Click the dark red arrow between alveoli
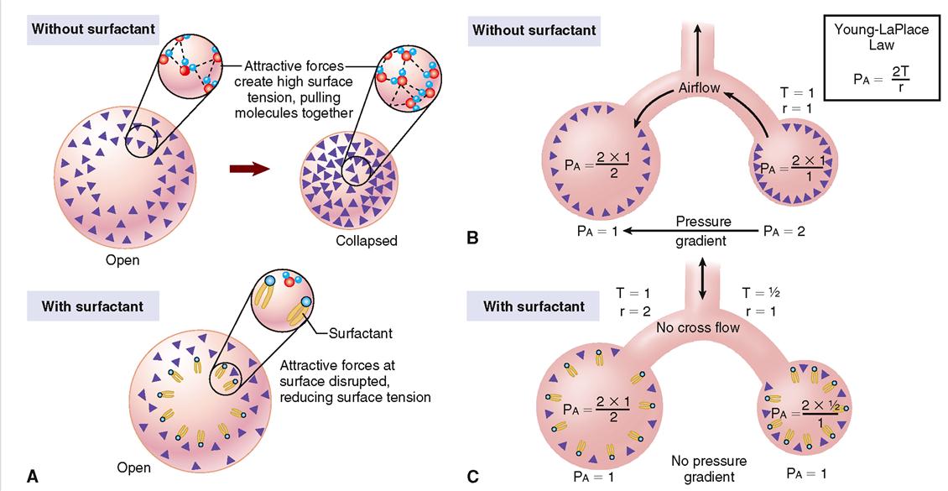pos(248,169)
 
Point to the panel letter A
pos(33,477)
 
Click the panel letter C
pos(472,477)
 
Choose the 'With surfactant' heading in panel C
pos(534,306)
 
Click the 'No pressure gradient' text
pos(709,468)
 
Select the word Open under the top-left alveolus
pos(122,260)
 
